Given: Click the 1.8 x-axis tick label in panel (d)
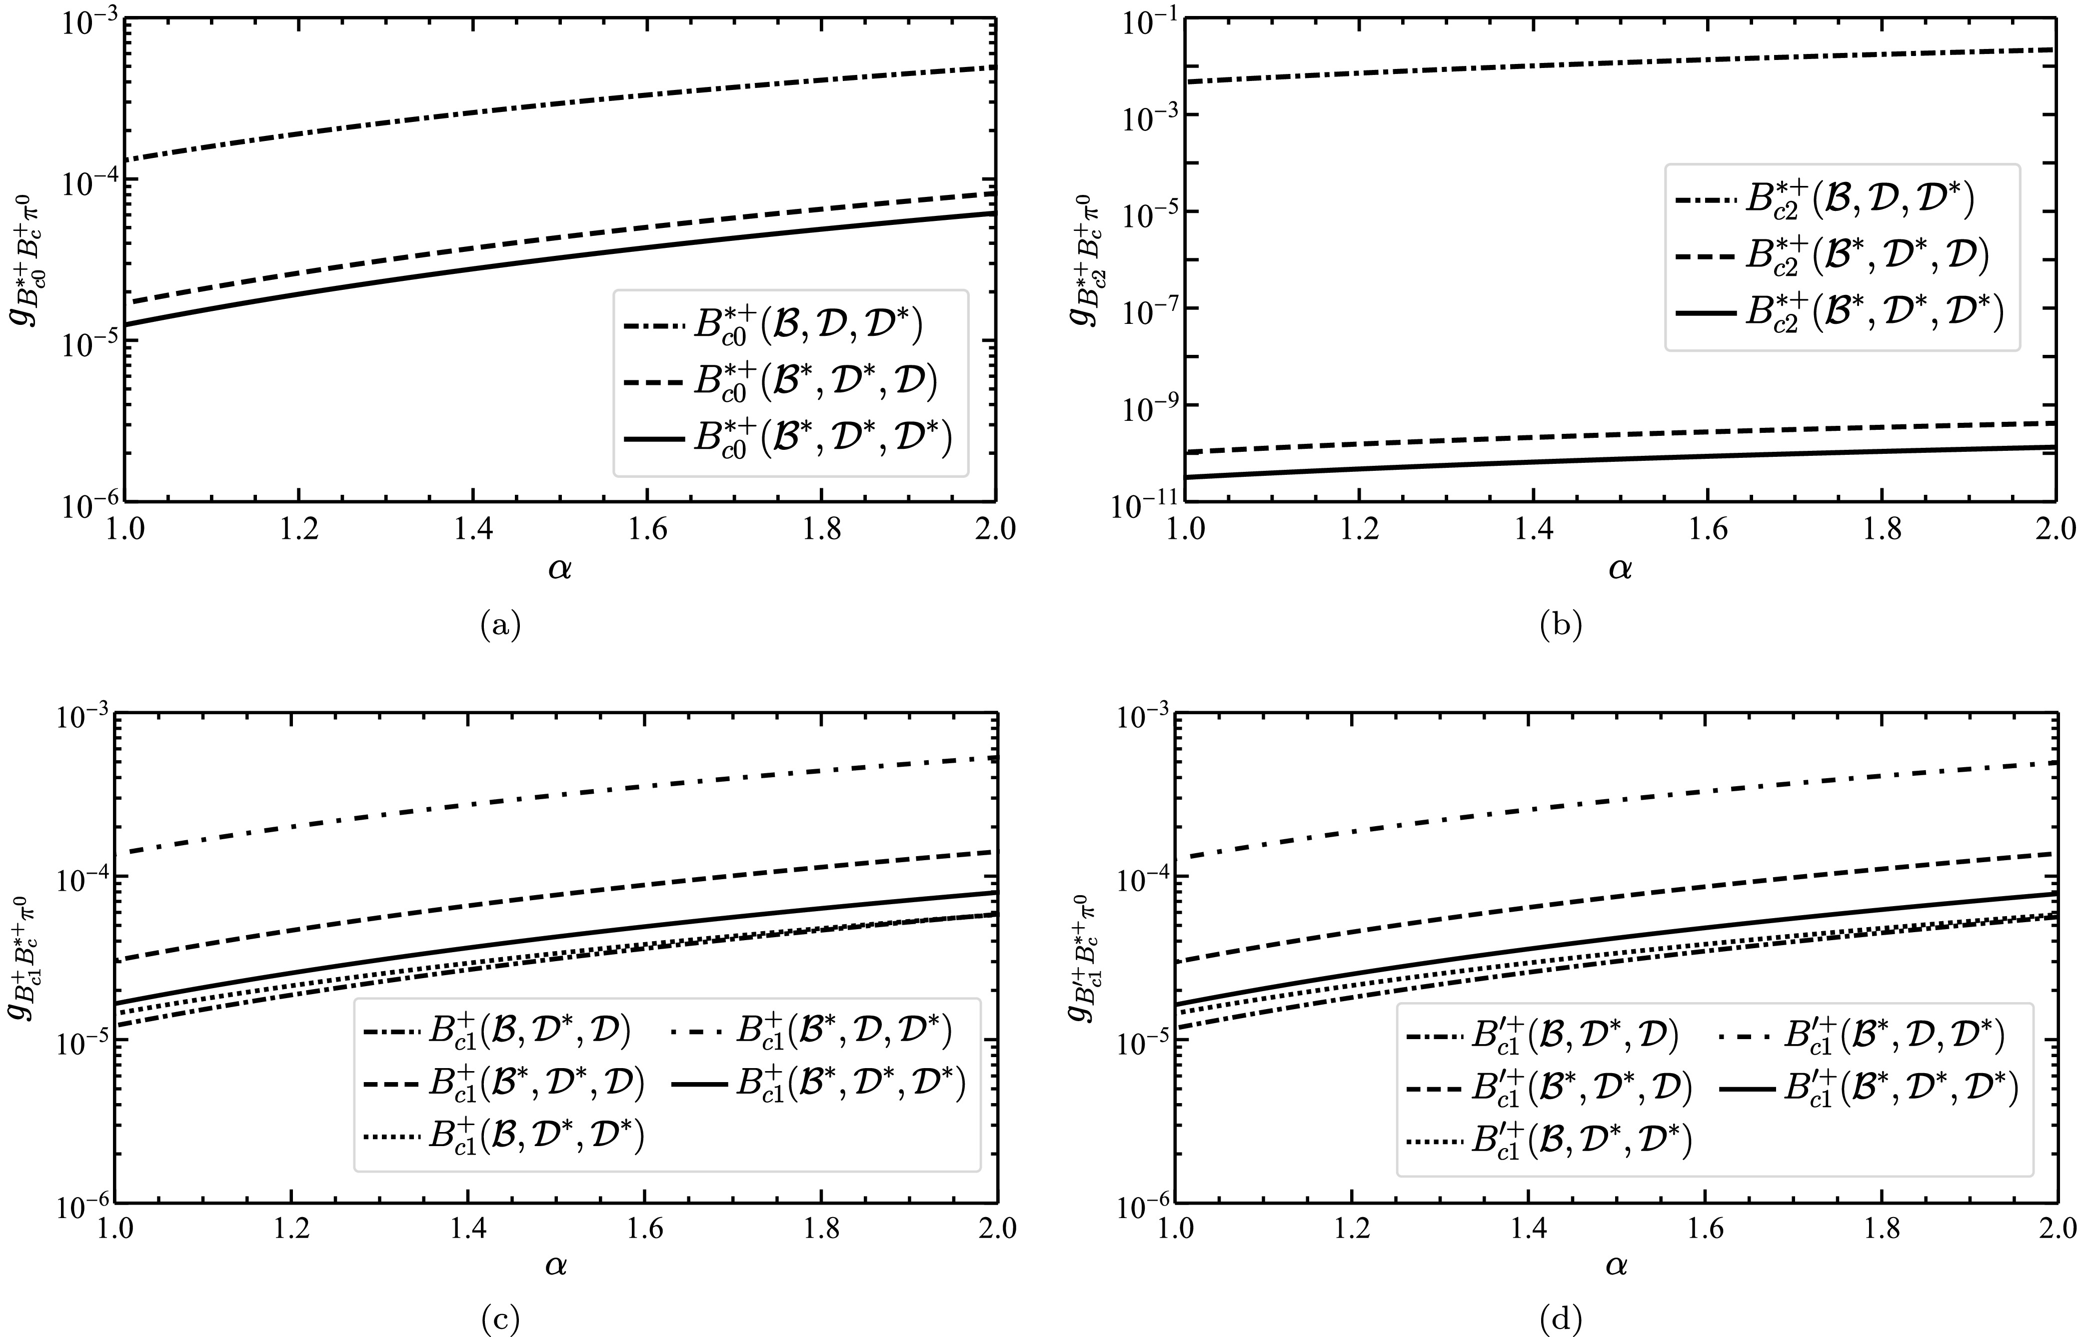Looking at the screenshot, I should click(1881, 1230).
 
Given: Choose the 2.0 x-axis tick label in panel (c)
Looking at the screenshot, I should click(995, 1230).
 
